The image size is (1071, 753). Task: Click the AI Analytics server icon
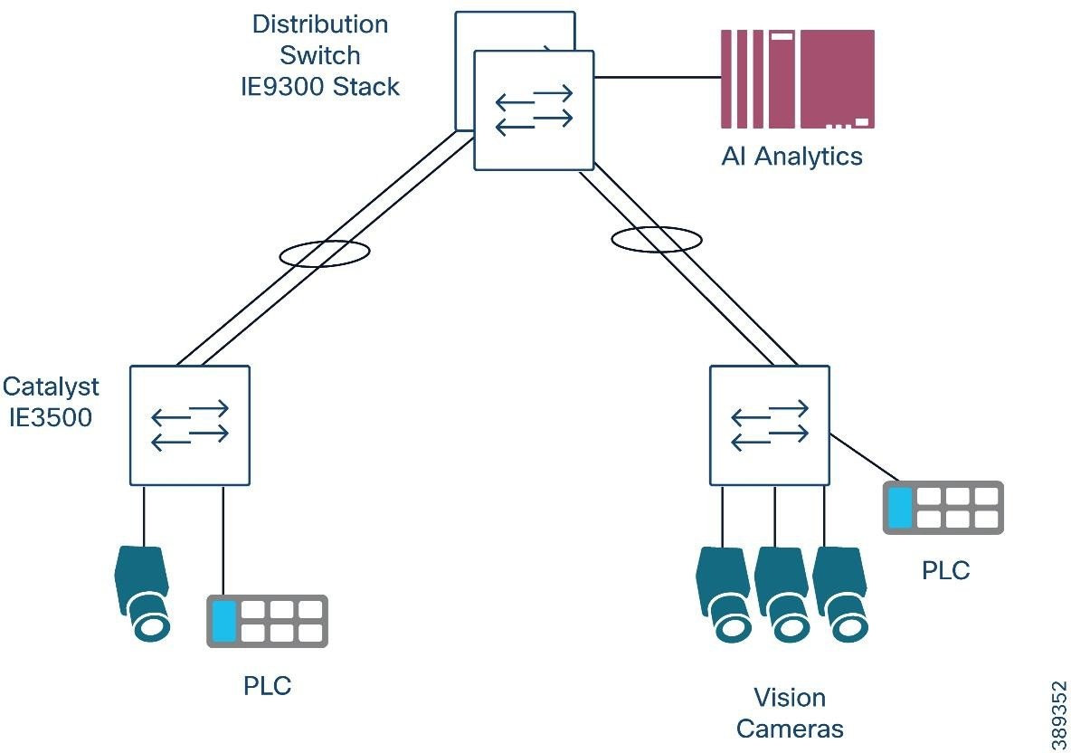coord(797,79)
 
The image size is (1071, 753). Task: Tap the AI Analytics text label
coord(791,157)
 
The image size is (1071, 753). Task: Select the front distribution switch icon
coord(534,110)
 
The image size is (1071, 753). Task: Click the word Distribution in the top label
coord(319,24)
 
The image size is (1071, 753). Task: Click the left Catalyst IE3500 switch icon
coord(189,425)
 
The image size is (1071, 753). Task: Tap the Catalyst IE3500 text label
coord(51,402)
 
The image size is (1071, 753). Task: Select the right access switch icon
coord(769,425)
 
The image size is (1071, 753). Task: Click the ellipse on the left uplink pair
coord(324,253)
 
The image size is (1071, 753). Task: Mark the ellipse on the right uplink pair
coord(657,240)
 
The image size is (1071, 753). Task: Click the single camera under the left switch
coord(143,593)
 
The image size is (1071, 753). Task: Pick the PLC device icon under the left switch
coord(267,621)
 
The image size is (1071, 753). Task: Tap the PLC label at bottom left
coord(268,686)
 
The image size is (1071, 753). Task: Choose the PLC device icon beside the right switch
coord(943,507)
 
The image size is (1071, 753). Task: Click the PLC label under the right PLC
coord(945,571)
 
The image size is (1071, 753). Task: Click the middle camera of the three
coord(780,593)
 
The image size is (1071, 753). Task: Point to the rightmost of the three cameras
coord(839,593)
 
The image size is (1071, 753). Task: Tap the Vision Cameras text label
coord(790,713)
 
